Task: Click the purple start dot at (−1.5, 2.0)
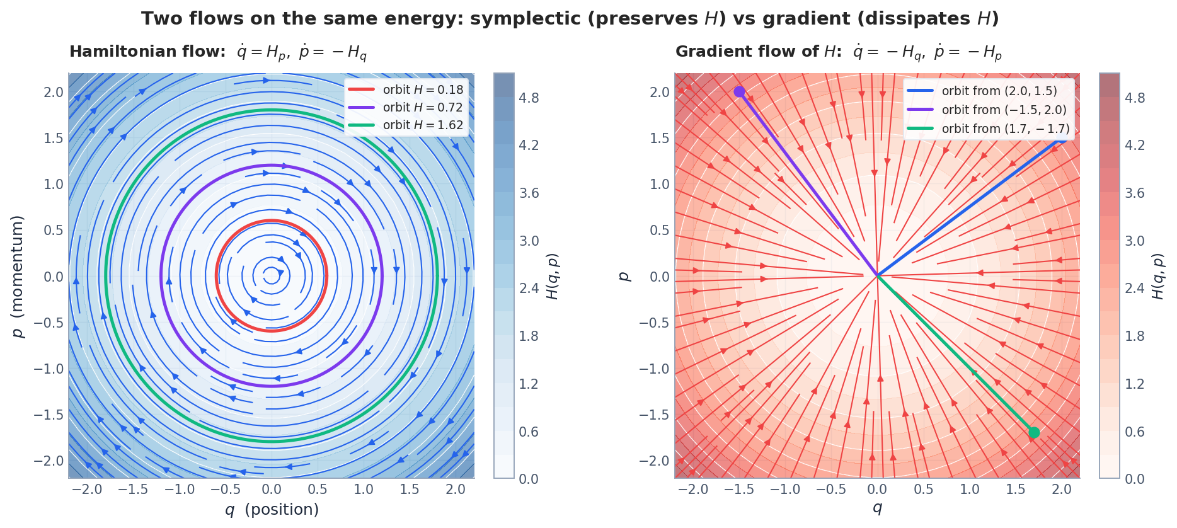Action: [x=739, y=92]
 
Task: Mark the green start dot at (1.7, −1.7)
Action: [x=1034, y=433]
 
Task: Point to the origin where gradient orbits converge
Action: [x=877, y=276]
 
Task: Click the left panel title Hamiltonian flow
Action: [x=147, y=52]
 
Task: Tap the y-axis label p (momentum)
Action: [x=18, y=276]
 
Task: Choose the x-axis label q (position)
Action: [x=272, y=510]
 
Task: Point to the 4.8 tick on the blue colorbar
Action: [x=529, y=98]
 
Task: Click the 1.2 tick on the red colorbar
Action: [x=1135, y=384]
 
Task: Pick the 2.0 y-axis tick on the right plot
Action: [x=660, y=93]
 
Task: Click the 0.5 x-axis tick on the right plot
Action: [x=923, y=490]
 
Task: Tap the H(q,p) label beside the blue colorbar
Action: [x=553, y=276]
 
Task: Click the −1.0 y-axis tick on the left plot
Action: [x=49, y=369]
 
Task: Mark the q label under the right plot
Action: [x=877, y=508]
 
